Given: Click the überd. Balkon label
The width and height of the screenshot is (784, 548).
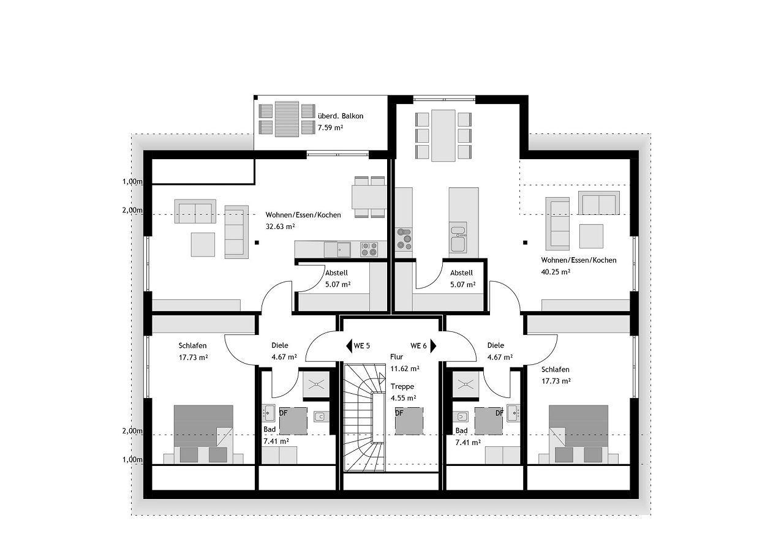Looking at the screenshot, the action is (341, 116).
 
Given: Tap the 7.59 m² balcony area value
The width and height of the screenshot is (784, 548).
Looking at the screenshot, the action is (330, 127).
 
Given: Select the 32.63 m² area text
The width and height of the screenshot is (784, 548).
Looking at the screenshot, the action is (281, 227).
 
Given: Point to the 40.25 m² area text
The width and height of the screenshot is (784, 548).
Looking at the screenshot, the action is (556, 271).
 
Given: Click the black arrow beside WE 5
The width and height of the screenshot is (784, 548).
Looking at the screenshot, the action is (349, 346).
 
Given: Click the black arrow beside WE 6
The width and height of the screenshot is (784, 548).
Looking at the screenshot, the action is (433, 346).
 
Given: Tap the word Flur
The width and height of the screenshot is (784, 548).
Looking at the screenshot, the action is (396, 356).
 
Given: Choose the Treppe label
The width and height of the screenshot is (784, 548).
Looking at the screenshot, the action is (402, 386).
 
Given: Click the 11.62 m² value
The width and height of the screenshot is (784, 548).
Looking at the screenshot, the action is (405, 369).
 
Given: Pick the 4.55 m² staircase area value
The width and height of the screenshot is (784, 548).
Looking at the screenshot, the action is (403, 398).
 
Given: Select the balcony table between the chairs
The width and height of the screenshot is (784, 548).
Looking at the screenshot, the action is (287, 119).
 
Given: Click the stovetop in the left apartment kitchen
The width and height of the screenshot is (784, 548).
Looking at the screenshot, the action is (369, 249).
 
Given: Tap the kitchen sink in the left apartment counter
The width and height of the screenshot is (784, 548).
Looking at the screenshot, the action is (337, 250).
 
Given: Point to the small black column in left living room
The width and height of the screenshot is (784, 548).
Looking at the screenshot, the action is (257, 242).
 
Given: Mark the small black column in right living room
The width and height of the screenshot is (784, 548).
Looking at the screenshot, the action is (526, 242).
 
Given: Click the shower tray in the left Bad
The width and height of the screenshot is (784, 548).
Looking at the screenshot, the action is (316, 385).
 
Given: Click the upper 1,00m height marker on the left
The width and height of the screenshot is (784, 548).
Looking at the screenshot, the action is (132, 182).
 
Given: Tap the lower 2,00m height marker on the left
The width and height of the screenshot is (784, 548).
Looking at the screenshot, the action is (132, 431).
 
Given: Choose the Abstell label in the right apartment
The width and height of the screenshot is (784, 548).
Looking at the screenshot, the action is (461, 272).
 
